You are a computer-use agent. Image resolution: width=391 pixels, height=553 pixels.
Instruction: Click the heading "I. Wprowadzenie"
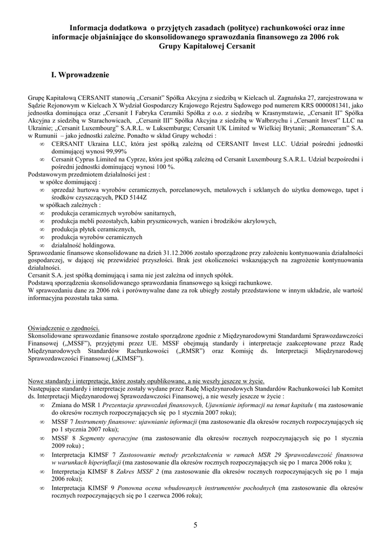80,75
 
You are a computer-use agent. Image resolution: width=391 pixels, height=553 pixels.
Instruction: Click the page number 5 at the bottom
195,525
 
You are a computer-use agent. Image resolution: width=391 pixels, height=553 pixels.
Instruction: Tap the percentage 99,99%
115,152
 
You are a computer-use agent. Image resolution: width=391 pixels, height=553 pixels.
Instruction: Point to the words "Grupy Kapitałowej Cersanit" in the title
207,46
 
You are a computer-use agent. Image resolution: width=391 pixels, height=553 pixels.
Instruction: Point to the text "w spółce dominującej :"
70,183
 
